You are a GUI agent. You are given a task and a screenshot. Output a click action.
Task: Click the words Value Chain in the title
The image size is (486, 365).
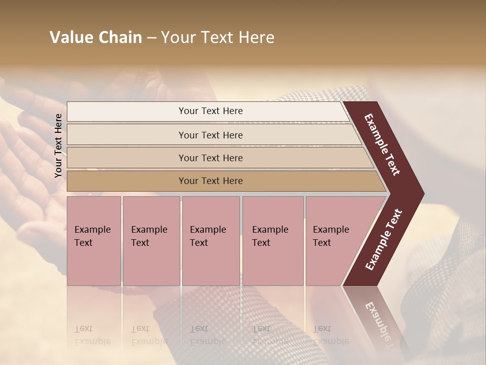(96, 38)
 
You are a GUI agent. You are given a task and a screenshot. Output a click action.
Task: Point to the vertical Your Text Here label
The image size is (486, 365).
(58, 146)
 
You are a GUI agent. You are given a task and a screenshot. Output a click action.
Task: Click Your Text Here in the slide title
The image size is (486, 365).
(218, 38)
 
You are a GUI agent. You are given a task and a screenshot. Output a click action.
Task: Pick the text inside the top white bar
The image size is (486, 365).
(211, 111)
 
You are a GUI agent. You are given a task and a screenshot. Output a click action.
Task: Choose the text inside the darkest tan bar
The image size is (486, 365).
(211, 181)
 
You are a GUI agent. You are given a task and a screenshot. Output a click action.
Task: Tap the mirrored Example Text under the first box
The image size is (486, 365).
(92, 335)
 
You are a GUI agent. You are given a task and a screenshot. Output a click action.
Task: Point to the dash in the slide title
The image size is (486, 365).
(151, 38)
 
